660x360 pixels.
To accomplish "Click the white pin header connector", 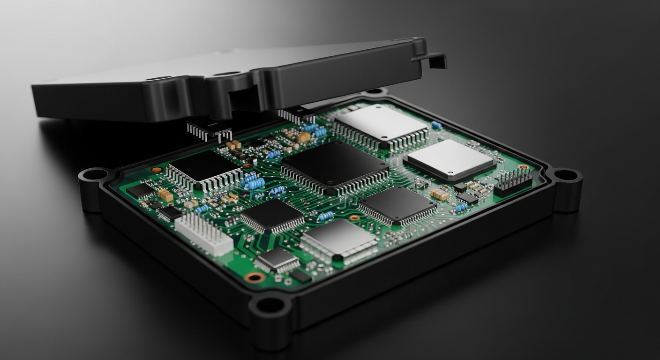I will click(203, 233).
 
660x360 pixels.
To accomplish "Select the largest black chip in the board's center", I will click(335, 166).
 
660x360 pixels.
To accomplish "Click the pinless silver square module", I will click(449, 160).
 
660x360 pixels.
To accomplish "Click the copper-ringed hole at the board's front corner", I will click(255, 277).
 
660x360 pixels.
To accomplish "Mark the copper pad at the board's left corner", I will click(156, 170).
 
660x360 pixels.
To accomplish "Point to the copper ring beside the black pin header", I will click(523, 166).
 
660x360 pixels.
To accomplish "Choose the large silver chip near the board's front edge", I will click(338, 240).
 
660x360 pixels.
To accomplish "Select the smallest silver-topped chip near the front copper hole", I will click(278, 258).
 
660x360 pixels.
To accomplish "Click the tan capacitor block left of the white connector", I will click(165, 195).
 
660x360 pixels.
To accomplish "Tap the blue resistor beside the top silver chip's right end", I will click(436, 125).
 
